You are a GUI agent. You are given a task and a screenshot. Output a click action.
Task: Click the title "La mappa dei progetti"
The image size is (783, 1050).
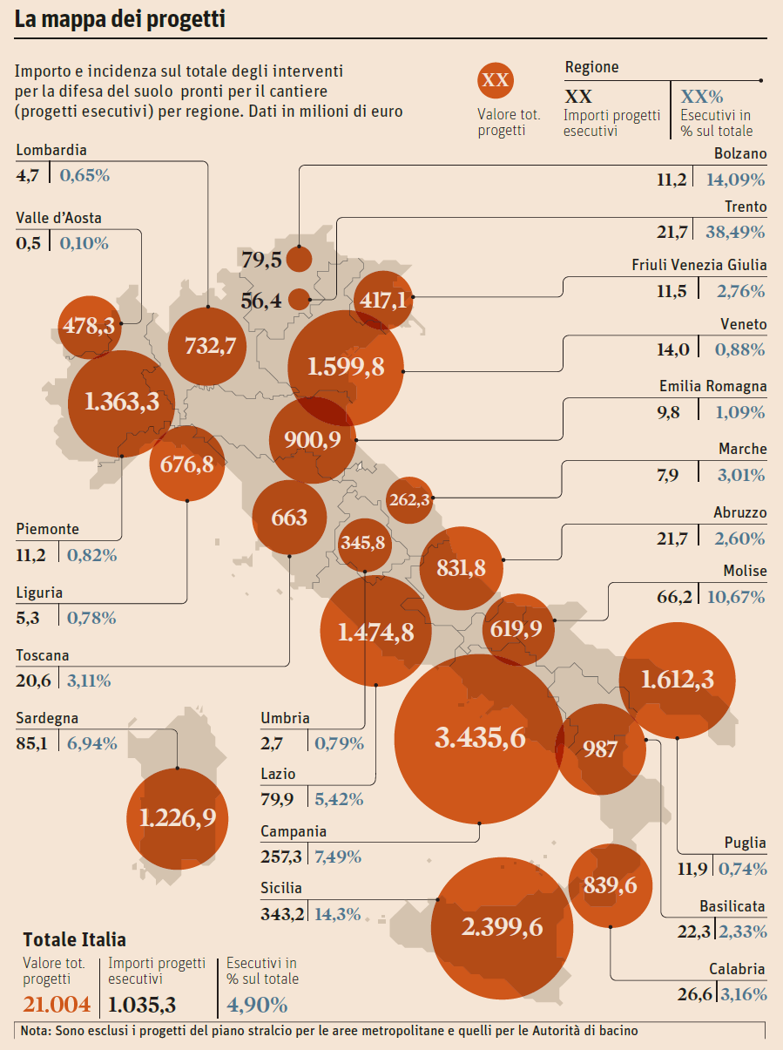point(120,19)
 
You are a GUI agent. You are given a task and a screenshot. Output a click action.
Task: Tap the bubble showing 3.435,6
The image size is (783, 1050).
point(479,739)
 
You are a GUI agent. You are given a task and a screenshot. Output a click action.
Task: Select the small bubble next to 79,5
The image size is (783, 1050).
point(300,260)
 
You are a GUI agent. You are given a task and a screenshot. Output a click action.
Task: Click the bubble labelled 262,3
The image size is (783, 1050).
point(409,500)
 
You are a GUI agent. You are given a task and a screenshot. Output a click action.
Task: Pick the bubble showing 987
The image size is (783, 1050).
point(600,749)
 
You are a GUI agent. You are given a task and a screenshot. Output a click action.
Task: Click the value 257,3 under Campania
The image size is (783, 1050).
point(280,857)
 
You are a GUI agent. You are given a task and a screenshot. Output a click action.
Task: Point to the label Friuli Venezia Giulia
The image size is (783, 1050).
point(699,265)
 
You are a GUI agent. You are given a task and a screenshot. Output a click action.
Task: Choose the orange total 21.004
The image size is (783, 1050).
point(57,1004)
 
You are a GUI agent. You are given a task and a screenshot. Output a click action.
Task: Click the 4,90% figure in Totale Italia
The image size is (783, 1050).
point(257,1004)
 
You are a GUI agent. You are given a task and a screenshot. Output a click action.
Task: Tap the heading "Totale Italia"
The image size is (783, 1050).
point(74,939)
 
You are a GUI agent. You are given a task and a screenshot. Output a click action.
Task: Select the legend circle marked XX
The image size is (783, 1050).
point(495,81)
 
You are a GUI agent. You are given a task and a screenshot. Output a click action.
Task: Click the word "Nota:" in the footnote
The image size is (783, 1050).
point(36,1031)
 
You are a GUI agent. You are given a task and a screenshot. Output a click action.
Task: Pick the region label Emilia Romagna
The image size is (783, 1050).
point(712,386)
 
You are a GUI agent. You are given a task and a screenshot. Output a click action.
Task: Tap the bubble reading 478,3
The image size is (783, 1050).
point(89,326)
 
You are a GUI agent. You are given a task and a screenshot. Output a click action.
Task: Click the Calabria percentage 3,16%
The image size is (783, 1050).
point(743,994)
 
